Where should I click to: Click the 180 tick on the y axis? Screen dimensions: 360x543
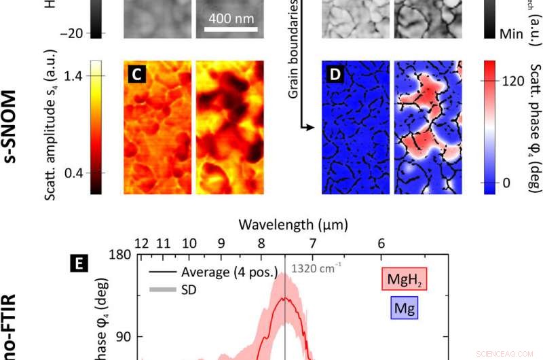(x=119, y=255)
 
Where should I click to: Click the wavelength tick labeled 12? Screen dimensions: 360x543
(x=141, y=243)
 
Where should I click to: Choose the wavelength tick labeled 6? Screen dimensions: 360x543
(x=381, y=243)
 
